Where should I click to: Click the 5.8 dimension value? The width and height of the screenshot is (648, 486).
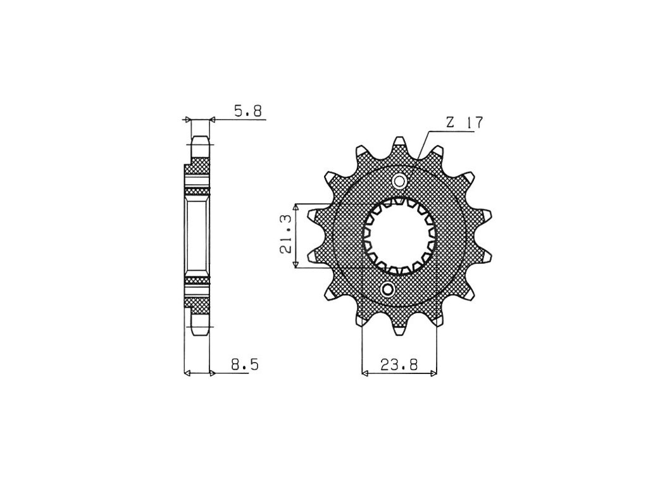coord(248,111)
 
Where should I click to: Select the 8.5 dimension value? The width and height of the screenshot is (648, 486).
coord(245,364)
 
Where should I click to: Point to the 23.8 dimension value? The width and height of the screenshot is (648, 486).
coord(399,364)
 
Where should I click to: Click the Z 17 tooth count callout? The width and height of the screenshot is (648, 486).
coord(464,123)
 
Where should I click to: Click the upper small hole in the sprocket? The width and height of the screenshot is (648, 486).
coord(400,181)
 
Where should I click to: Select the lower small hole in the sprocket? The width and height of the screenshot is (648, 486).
coord(388,290)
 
